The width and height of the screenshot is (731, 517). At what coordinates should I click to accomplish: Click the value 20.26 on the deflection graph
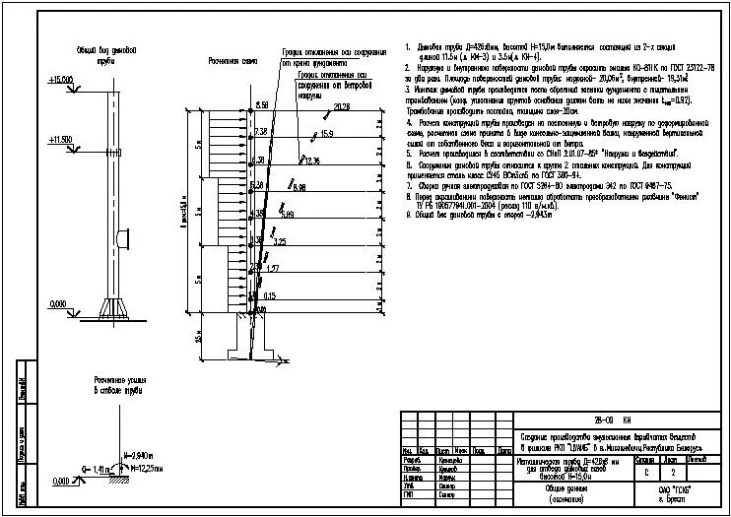(342, 106)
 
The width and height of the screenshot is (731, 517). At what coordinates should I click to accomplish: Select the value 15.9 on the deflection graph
(326, 132)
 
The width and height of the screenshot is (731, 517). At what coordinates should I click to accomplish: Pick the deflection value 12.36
(311, 160)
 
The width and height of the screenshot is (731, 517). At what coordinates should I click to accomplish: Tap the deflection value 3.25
(280, 241)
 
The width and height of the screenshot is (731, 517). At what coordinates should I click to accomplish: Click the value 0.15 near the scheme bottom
(269, 295)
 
